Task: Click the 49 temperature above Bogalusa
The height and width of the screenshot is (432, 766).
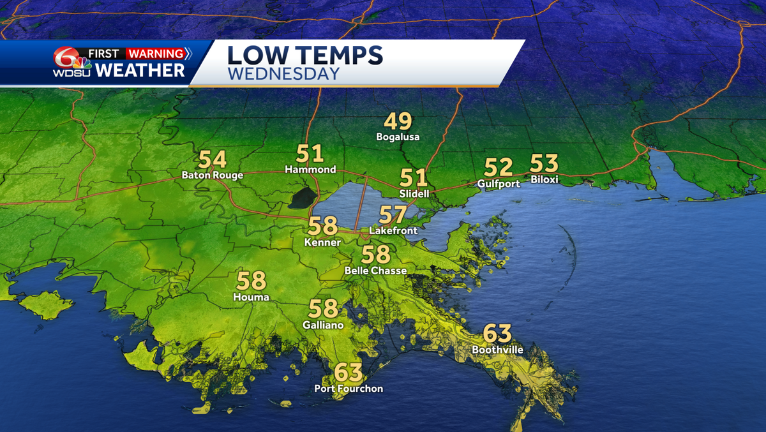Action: point(398,121)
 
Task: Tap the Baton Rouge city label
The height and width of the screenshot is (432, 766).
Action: point(212,175)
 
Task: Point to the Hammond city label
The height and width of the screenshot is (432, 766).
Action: point(310,170)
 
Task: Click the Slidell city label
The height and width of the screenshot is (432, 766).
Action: point(414,193)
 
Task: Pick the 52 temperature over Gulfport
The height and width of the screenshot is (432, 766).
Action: point(499,167)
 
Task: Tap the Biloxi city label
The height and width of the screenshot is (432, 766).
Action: point(544,180)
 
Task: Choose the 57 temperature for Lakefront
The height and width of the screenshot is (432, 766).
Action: point(393,215)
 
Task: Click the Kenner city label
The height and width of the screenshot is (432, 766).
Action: point(322,242)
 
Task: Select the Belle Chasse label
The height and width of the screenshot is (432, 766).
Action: point(375,271)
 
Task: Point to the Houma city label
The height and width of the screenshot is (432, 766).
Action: point(252,297)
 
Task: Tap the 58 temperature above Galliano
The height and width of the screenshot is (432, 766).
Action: point(323,309)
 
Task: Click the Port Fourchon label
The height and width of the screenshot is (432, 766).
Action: point(349,389)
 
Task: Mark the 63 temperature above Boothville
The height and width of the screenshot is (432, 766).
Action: point(497,333)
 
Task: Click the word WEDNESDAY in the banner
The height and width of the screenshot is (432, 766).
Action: point(283,75)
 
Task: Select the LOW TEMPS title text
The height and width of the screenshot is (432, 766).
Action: point(305,55)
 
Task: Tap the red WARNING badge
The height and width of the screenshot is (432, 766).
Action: point(155,54)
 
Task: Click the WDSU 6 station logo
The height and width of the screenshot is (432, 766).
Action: point(71,62)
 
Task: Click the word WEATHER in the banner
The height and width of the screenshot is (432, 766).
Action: point(140,70)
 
